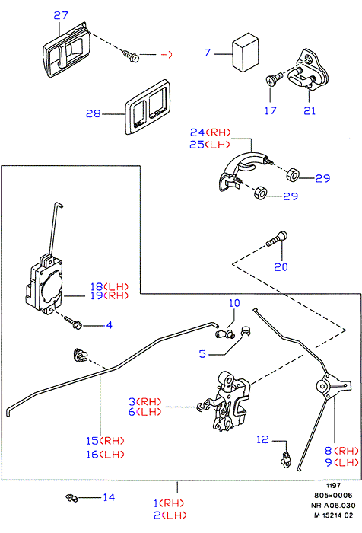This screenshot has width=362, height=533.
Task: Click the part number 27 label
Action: [61, 15]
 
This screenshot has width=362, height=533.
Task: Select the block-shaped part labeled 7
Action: [245, 52]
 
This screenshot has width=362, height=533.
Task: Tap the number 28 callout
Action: [93, 113]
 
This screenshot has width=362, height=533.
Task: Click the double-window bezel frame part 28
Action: [148, 107]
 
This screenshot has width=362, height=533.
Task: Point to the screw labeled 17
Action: [274, 79]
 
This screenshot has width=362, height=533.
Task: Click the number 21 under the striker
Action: [310, 110]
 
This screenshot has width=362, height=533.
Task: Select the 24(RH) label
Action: [210, 132]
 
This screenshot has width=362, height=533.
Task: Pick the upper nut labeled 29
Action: [292, 174]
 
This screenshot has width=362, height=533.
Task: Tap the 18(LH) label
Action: [110, 286]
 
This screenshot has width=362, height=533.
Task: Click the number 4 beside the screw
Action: [109, 325]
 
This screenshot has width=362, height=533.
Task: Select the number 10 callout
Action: [234, 303]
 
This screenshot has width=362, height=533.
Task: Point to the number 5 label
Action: [202, 354]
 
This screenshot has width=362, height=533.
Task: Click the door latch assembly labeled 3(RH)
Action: [226, 401]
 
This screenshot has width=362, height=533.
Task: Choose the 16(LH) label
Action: [105, 455]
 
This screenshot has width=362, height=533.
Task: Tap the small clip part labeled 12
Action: [286, 459]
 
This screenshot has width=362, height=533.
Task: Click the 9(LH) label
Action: [341, 462]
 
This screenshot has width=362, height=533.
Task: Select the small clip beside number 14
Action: [71, 498]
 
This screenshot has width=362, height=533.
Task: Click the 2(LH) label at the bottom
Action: [170, 515]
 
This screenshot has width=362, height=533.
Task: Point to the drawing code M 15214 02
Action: [333, 515]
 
